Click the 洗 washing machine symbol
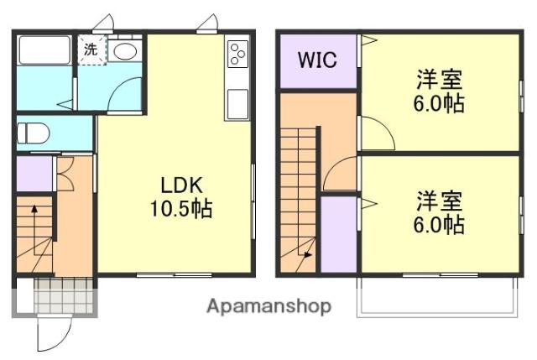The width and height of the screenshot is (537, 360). [x=91, y=49]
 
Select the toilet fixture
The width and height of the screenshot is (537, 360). [x=34, y=133]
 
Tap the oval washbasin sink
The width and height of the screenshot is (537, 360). [x=125, y=51]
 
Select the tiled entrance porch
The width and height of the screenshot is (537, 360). [x=65, y=295]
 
